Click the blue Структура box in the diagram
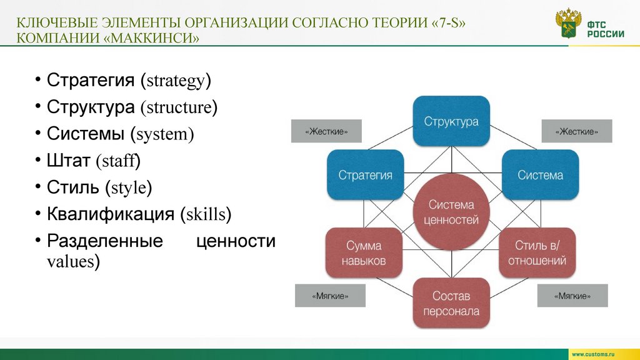(x=451, y=121)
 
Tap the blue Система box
(x=540, y=176)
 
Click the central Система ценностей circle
(x=451, y=212)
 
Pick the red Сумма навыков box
(x=363, y=253)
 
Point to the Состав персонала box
(x=451, y=303)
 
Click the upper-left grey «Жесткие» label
(x=326, y=131)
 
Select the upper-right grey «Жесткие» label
(x=576, y=131)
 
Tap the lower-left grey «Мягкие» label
(x=330, y=296)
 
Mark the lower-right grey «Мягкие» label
(x=572, y=296)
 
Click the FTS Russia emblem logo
(x=568, y=24)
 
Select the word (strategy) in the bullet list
(x=176, y=81)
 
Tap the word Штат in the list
(x=68, y=161)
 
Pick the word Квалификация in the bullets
(x=111, y=215)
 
